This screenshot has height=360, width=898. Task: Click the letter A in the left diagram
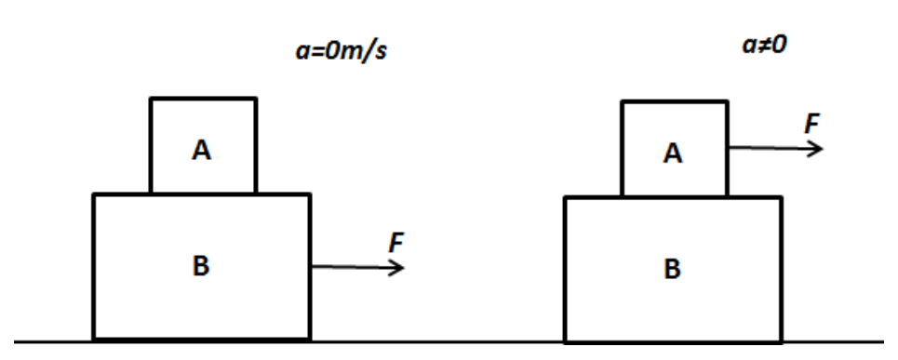201,151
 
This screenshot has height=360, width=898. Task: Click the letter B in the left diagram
201,265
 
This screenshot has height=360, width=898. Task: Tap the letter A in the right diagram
673,153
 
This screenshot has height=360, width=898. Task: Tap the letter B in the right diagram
673,269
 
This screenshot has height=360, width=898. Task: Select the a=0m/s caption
341,51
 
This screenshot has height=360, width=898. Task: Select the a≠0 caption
764,46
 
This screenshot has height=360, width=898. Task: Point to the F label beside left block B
396,243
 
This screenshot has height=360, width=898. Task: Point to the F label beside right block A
812,124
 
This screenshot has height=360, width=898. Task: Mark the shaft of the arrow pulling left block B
357,267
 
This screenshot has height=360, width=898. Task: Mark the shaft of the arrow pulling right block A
775,148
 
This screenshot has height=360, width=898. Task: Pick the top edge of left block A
203,99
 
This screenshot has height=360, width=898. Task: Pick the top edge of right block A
675,102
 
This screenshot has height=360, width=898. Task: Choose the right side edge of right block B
781,270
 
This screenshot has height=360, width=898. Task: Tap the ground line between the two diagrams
437,342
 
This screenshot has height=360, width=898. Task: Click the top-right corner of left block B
310,195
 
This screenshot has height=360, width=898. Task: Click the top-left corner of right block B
567,198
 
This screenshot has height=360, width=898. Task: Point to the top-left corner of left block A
151,99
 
